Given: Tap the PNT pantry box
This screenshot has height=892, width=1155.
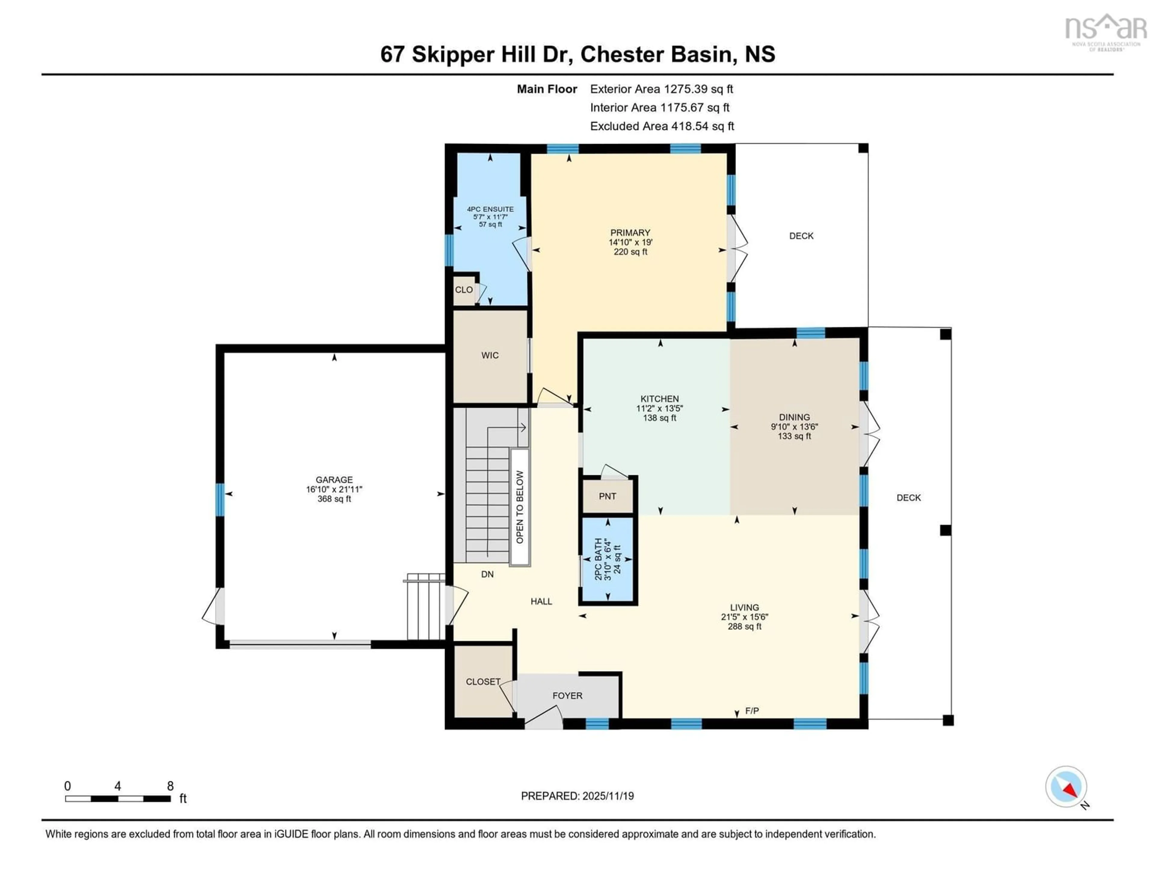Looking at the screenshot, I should pos(607,496).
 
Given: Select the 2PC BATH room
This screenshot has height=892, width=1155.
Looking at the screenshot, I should pos(607,559).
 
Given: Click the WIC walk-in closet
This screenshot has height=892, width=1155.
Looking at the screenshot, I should pos(490,355).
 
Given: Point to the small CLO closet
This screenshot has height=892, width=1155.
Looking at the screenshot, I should pos(464,290).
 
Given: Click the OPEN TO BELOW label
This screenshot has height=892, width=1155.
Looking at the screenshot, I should pos(519,506).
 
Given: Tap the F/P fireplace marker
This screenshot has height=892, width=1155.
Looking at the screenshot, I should pos(751,711).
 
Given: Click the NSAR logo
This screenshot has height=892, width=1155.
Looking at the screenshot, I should pos(1105,32).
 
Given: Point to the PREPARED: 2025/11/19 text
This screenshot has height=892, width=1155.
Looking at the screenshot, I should pos(577,796).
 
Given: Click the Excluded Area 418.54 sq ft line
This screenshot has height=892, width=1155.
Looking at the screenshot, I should pos(662,126).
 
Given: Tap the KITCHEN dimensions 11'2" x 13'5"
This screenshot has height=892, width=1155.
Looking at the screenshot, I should pos(660,408).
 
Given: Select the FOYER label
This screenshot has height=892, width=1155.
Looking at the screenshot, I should pos(567,696).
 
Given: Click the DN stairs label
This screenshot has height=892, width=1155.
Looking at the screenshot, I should pos(487,574).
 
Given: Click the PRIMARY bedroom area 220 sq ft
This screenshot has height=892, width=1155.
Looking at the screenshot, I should pos(630,252).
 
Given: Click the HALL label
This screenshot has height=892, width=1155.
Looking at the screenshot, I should pos(541,601).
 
